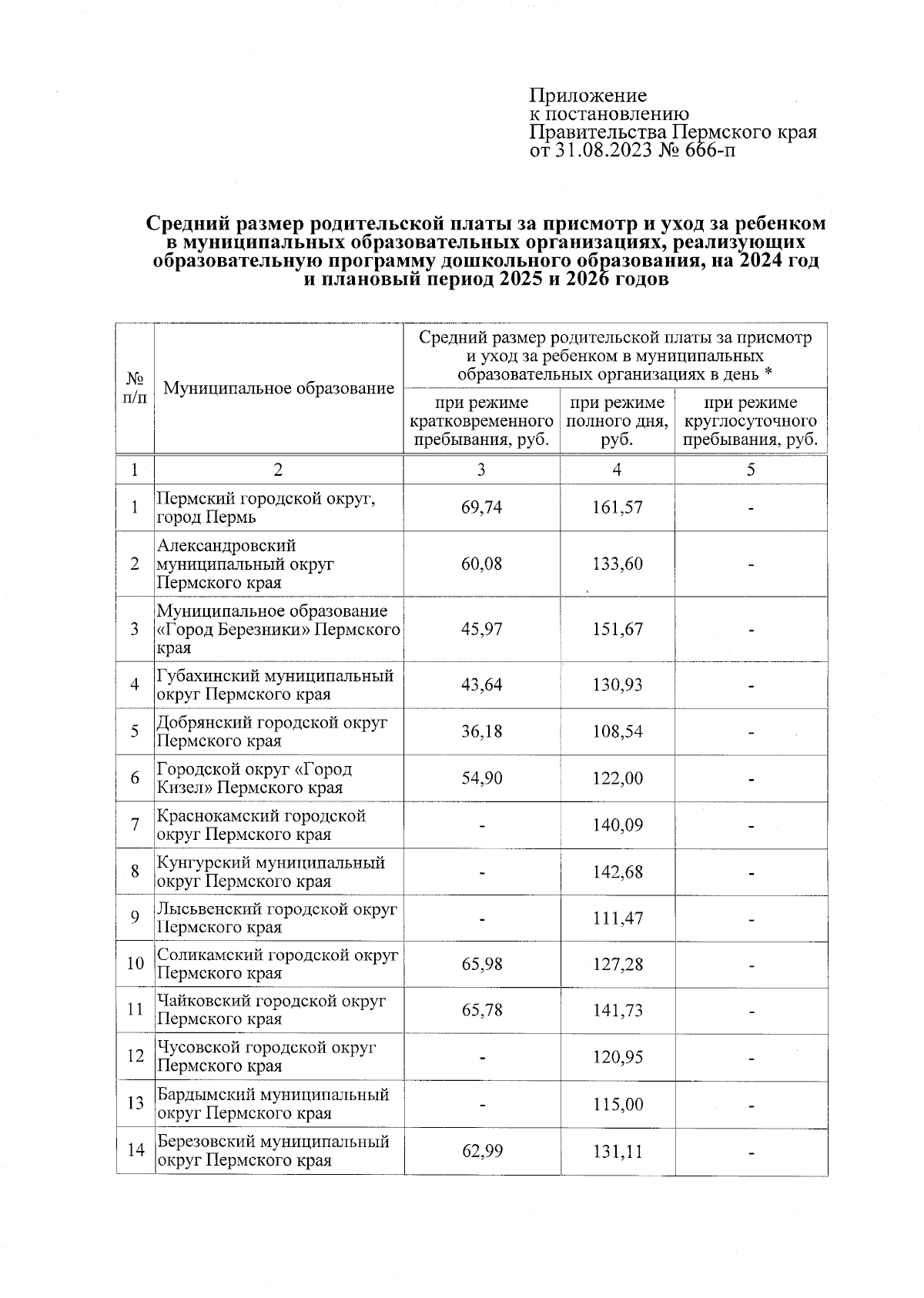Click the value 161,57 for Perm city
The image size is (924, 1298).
tap(617, 508)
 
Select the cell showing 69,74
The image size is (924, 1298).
tap(481, 508)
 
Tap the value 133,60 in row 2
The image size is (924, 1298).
tap(617, 564)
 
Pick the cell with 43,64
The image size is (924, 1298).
tap(481, 684)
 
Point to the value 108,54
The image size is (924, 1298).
tap(617, 731)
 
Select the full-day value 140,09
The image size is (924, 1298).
tap(617, 825)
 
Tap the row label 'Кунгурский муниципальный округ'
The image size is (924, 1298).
tap(269, 872)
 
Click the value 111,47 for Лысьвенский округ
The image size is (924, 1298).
tap(617, 918)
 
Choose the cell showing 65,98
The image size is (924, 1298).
tap(481, 964)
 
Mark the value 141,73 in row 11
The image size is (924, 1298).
tap(617, 1010)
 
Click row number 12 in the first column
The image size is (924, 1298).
tap(136, 1056)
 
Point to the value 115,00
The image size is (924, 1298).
tap(617, 1105)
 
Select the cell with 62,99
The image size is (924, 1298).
tap(481, 1152)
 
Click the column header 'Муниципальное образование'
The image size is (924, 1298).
tap(279, 388)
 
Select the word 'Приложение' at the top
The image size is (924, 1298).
tap(588, 95)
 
